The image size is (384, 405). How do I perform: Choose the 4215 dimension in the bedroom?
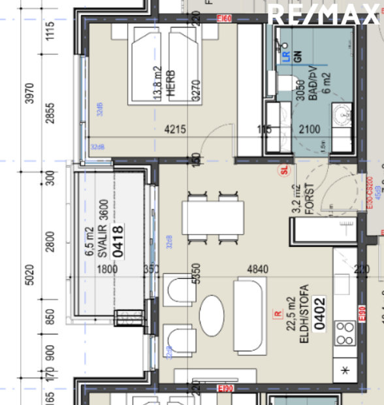176,130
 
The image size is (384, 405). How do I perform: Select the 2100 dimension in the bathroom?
310,130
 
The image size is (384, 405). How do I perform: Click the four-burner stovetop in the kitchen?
344,333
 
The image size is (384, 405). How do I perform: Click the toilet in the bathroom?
285,83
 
